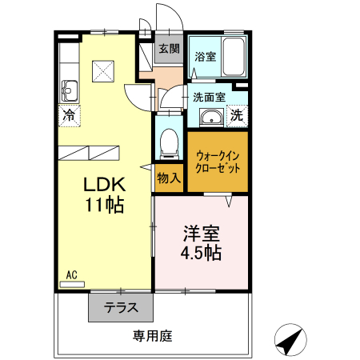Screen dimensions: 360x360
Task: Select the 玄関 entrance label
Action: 168,49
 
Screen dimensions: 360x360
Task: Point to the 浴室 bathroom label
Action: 205,57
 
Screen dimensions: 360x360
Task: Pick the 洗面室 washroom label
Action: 209,98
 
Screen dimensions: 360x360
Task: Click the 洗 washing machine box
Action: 238,115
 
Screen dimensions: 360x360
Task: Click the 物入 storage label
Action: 168,178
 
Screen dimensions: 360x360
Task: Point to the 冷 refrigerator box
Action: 70,114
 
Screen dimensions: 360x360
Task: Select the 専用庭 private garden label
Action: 152,337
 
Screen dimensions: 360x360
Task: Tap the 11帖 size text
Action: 105,205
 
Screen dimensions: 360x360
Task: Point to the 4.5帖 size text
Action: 201,254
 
